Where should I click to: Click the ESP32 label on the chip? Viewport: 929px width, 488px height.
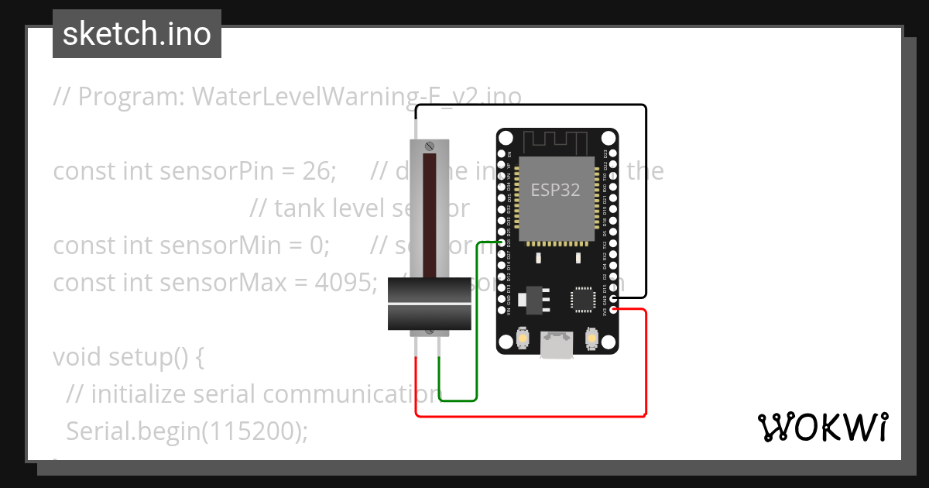pyautogui.click(x=555, y=190)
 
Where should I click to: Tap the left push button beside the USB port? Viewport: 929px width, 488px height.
pyautogui.click(x=523, y=339)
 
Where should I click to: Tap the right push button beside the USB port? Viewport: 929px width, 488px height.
pyautogui.click(x=592, y=339)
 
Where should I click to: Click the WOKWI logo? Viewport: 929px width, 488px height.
pyautogui.click(x=822, y=427)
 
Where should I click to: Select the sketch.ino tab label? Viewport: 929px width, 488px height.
pyautogui.click(x=137, y=34)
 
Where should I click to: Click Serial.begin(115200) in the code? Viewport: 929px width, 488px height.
pyautogui.click(x=187, y=431)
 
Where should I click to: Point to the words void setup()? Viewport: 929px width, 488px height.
pyautogui.click(x=128, y=357)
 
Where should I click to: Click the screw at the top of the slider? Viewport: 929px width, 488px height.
pyautogui.click(x=429, y=146)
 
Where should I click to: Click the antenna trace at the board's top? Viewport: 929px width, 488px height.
pyautogui.click(x=556, y=143)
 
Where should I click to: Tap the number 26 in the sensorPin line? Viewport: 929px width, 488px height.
pyautogui.click(x=317, y=171)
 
